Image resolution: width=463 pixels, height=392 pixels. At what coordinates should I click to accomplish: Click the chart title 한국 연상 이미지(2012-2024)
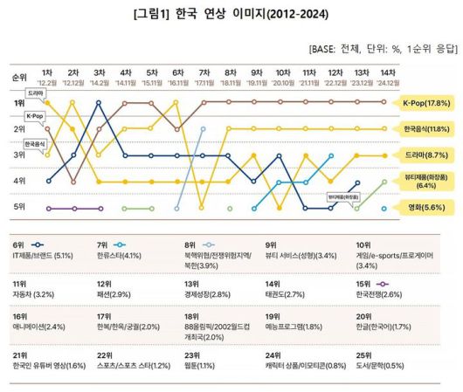[231, 16]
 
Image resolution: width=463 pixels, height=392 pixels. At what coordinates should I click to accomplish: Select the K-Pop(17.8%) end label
[425, 102]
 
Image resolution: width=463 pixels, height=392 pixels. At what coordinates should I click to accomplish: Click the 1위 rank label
[18, 103]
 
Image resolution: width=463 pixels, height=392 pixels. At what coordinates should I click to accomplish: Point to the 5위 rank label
[18, 208]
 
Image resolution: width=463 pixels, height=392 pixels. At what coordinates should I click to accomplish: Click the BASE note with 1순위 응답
[384, 50]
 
